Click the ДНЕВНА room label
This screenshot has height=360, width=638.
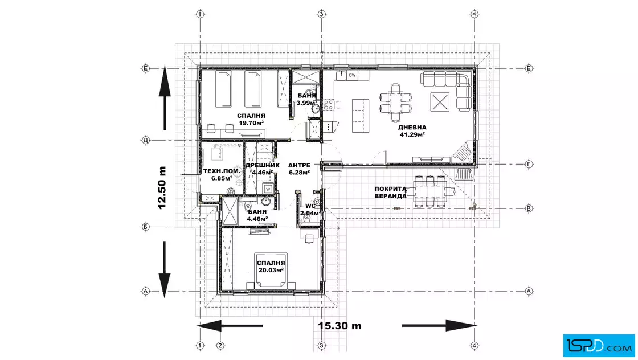[x=412, y=128]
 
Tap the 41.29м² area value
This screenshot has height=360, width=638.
[x=412, y=134]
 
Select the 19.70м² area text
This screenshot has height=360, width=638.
[x=251, y=123]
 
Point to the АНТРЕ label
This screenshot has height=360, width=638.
[x=299, y=165]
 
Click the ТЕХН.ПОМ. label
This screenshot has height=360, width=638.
[x=222, y=171]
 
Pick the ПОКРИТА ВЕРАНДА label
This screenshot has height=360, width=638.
[x=391, y=193]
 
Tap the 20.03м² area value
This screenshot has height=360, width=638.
[x=271, y=270]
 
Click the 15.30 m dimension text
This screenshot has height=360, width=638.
[x=340, y=326]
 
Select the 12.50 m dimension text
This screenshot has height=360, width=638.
[x=162, y=187]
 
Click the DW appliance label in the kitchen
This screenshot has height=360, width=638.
[x=353, y=75]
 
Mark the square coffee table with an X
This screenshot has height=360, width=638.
[x=440, y=101]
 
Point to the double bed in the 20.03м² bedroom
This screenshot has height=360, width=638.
[x=271, y=271]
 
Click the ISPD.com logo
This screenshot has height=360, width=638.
[x=599, y=346]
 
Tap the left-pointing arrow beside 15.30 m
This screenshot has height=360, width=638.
[x=230, y=325]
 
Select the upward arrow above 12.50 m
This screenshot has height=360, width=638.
[x=165, y=97]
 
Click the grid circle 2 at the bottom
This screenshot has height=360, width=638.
[x=220, y=346]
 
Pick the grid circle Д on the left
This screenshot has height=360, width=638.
[x=146, y=140]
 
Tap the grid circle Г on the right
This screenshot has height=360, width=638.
[x=529, y=165]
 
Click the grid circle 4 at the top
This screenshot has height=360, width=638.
[x=475, y=14]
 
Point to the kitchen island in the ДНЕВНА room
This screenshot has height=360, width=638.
[x=361, y=116]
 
